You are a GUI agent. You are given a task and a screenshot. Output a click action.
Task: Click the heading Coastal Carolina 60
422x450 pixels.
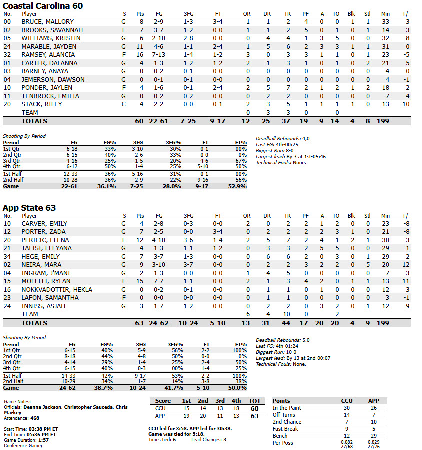tap(43, 6)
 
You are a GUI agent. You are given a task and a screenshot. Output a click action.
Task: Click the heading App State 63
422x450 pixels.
tap(29, 208)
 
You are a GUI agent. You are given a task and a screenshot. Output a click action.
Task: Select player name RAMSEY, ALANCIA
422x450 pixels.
tap(48, 55)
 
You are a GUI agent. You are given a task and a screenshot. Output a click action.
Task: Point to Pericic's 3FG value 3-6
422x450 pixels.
tap(188, 240)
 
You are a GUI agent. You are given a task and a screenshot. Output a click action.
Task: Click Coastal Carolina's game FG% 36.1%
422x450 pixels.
tap(105, 186)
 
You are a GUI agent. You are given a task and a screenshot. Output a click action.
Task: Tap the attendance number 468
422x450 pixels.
tap(35, 418)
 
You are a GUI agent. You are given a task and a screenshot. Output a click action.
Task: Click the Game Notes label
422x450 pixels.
tap(17, 401)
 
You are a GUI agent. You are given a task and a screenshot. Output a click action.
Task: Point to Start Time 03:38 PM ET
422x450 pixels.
tap(31, 429)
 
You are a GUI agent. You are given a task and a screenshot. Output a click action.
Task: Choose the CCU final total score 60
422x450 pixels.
tap(255, 408)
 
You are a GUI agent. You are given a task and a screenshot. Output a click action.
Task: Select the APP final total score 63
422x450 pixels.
tap(255, 416)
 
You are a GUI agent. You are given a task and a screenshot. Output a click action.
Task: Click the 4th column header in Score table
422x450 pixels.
tap(236, 401)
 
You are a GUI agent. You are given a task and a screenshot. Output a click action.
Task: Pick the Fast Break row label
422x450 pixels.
tap(285, 429)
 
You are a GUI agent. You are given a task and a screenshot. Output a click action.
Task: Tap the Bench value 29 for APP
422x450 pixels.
tap(373, 436)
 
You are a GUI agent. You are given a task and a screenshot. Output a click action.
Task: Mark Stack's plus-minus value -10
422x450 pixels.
tap(405, 104)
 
